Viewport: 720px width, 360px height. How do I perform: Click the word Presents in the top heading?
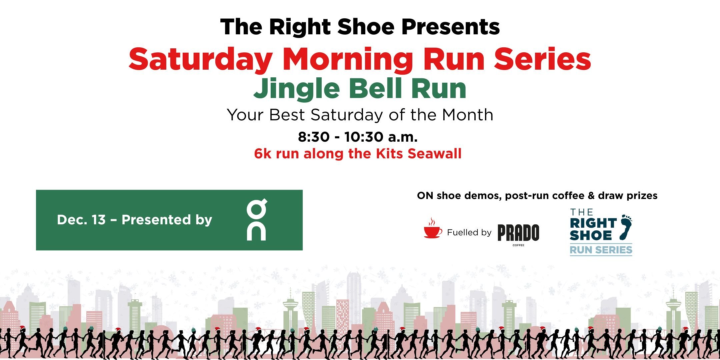[x=450, y=27]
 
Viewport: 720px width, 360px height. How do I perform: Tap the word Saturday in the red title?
[x=200, y=59]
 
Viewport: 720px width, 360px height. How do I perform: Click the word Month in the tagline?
[x=467, y=115]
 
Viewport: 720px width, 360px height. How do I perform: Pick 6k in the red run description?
[x=263, y=154]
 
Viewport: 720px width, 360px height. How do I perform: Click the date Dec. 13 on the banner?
[x=81, y=220]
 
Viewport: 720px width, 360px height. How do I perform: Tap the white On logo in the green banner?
[x=257, y=220]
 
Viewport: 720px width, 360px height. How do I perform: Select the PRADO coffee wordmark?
[x=518, y=233]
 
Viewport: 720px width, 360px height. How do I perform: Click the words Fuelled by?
[x=469, y=232]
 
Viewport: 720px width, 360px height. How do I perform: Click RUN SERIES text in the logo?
[x=601, y=250]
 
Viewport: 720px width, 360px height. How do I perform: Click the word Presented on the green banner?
[x=157, y=220]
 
